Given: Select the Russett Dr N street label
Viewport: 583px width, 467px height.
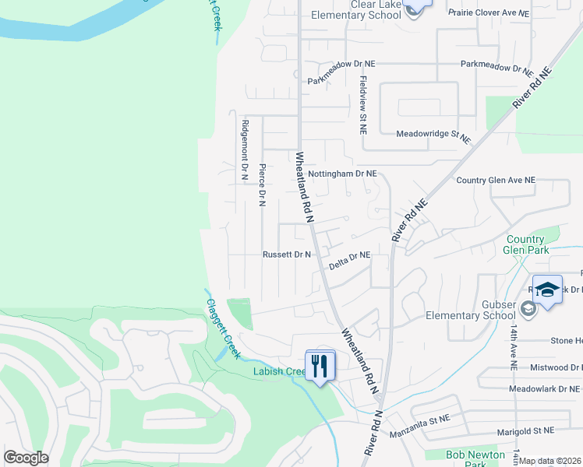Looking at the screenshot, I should (x=287, y=255).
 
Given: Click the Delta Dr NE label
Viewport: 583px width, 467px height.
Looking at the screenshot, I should (x=348, y=260).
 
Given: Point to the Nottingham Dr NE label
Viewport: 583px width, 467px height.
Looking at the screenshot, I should (x=342, y=174).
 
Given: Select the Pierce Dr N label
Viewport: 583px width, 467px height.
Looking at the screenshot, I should (x=263, y=184).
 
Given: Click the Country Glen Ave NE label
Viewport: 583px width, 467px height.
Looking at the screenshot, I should (x=496, y=180).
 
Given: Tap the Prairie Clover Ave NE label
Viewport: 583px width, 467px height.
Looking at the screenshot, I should (x=489, y=13).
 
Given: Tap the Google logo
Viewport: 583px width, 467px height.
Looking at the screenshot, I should (x=26, y=458).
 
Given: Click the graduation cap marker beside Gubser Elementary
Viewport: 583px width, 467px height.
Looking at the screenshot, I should (x=548, y=290).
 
